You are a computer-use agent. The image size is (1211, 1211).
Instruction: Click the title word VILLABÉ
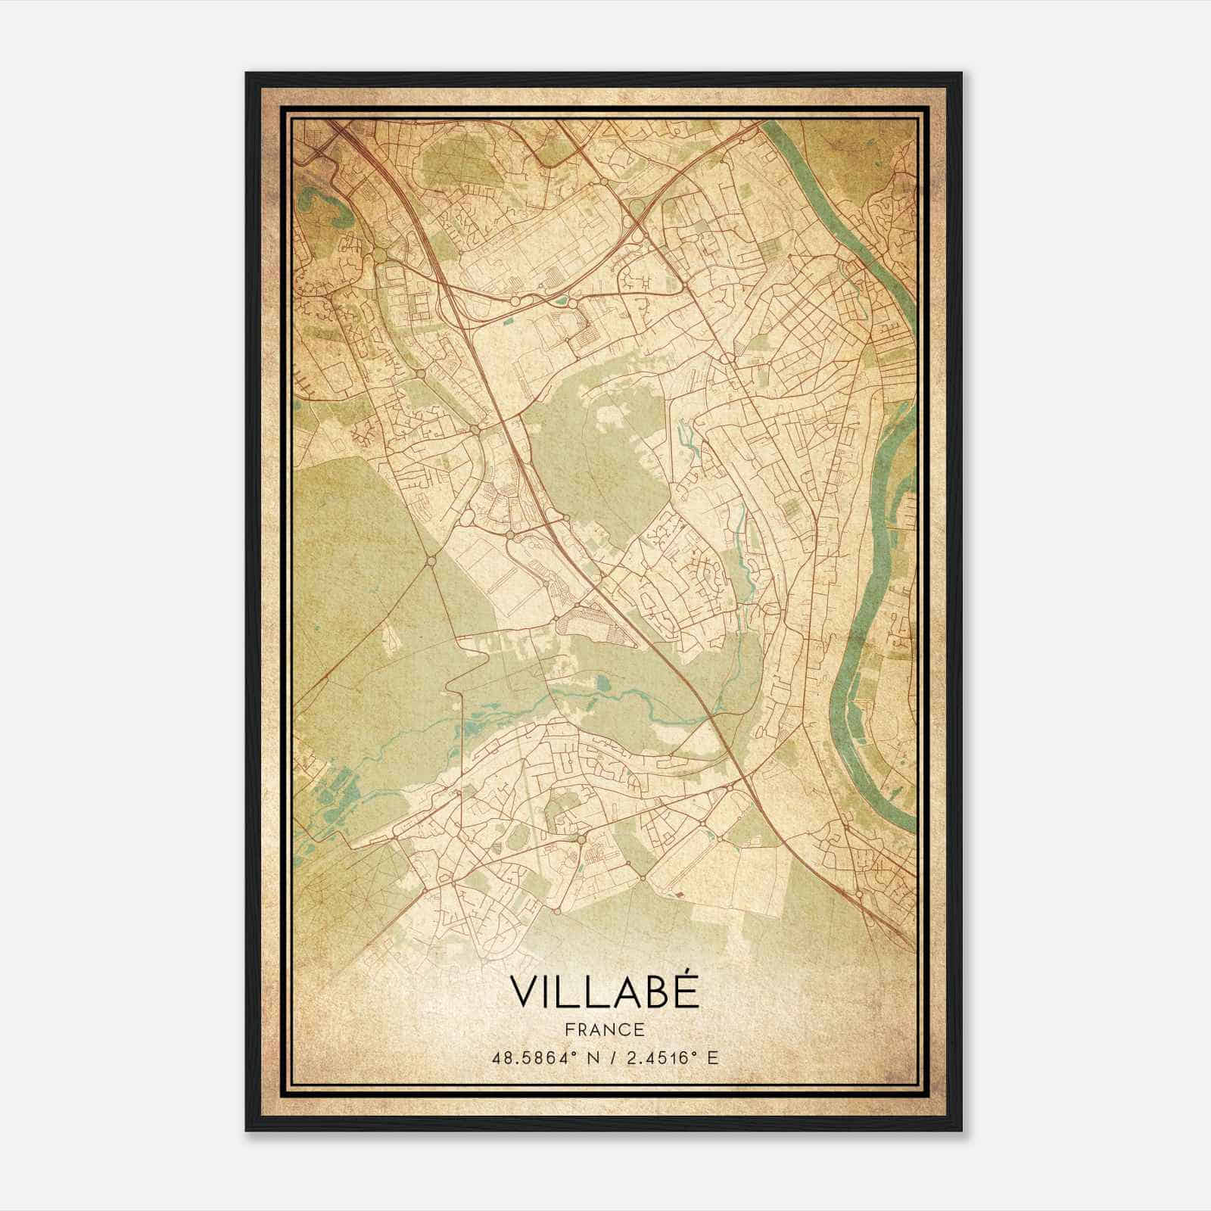pyautogui.click(x=603, y=992)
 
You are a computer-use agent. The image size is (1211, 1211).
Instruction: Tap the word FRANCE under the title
pyautogui.click(x=603, y=1029)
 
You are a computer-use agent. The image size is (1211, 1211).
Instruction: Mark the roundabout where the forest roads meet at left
pyautogui.click(x=431, y=561)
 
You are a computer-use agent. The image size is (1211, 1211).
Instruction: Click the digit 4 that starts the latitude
pyautogui.click(x=497, y=1057)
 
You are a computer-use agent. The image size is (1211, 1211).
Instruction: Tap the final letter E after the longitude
pyautogui.click(x=711, y=1057)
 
